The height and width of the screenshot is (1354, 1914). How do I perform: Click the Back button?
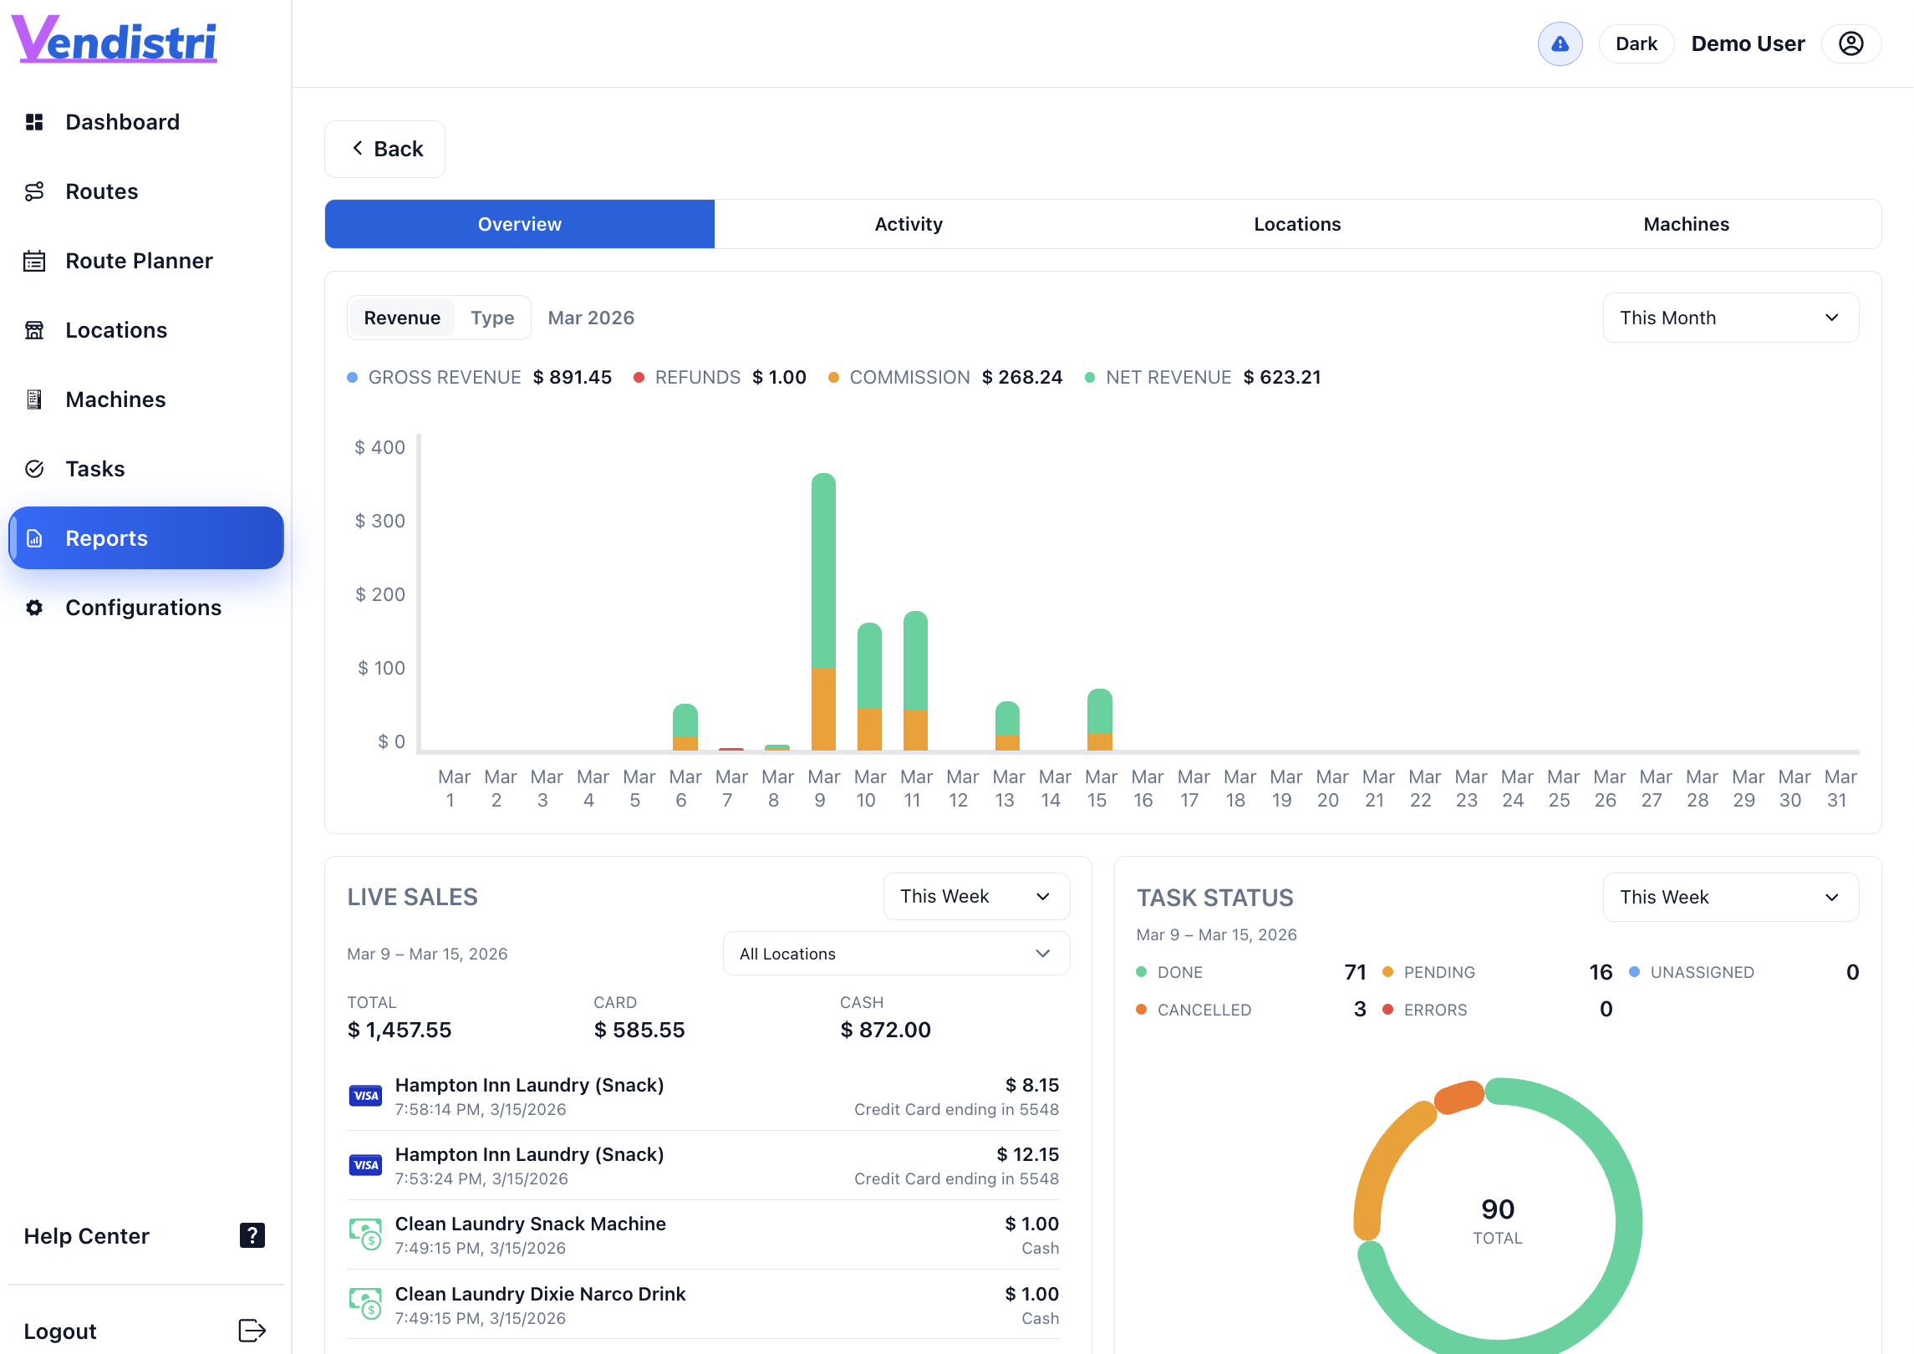[385, 149]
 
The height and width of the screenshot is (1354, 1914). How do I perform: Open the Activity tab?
[908, 224]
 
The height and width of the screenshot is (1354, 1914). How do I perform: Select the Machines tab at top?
[1685, 224]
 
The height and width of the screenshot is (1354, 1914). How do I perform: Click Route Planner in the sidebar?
[139, 261]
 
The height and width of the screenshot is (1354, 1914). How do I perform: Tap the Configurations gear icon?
[34, 608]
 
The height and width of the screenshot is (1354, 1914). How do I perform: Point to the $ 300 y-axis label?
[380, 521]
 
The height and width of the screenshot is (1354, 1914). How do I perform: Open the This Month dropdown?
[1729, 318]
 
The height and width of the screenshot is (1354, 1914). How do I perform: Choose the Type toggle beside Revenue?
[492, 318]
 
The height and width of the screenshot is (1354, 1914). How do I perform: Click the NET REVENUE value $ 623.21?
[1281, 377]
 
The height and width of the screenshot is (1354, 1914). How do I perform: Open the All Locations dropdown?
[895, 954]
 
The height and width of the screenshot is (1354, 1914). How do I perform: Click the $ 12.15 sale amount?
[1027, 1154]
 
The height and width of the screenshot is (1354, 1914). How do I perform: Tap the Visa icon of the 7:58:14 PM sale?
[365, 1096]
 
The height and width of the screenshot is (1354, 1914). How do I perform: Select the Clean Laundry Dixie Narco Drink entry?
[540, 1294]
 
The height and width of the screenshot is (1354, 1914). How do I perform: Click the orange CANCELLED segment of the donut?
[1459, 1097]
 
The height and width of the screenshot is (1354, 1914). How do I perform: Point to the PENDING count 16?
[1600, 972]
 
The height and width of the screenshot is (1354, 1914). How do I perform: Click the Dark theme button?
[1636, 43]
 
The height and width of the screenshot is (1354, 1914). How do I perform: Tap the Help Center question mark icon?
[252, 1235]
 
